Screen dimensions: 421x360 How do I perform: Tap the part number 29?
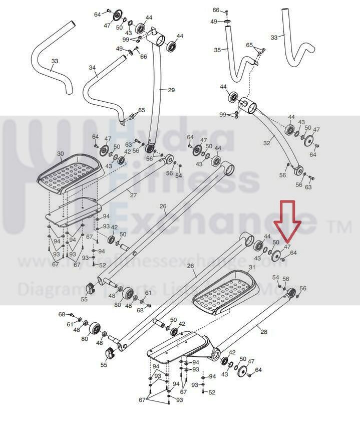171,90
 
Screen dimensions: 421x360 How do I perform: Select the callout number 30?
61,154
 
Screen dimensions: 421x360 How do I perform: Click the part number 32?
267,143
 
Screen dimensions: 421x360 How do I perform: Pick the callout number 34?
92,67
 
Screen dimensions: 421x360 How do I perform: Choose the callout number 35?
217,50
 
